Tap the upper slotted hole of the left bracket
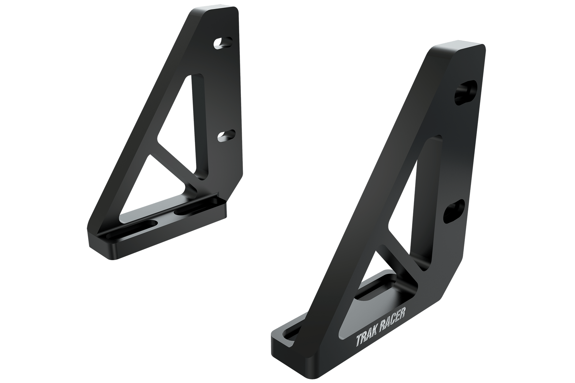223,43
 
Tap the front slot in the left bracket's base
129,227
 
